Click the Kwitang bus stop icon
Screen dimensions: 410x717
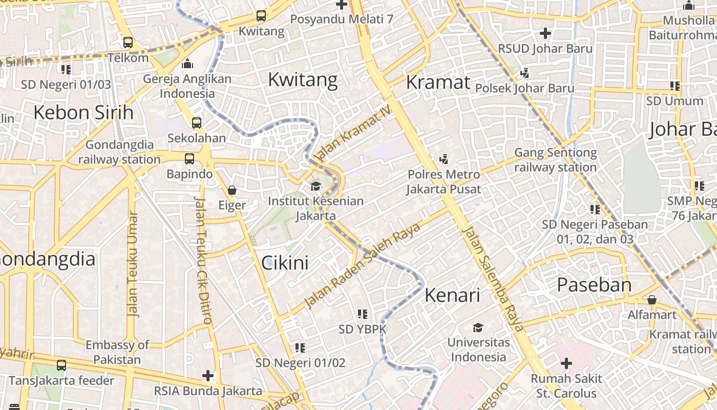pyautogui.click(x=261, y=16)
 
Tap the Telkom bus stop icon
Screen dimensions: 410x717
pyautogui.click(x=128, y=43)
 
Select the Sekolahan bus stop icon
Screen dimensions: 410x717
pyautogui.click(x=197, y=123)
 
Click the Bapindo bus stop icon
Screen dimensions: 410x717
pyautogui.click(x=189, y=159)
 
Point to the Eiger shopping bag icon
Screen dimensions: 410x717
pyautogui.click(x=232, y=191)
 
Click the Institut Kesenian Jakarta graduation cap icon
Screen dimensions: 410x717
pyautogui.click(x=315, y=186)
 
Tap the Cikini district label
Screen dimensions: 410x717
pyautogui.click(x=285, y=263)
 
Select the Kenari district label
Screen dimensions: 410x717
pyautogui.click(x=452, y=295)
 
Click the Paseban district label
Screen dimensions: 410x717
pyautogui.click(x=594, y=285)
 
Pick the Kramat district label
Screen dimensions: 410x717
pyautogui.click(x=438, y=82)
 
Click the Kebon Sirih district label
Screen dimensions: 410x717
pyautogui.click(x=83, y=112)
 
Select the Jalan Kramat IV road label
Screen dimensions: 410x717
pyautogui.click(x=353, y=133)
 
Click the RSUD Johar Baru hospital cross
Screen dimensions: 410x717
pyautogui.click(x=545, y=34)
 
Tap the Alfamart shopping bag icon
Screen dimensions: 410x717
pyautogui.click(x=652, y=300)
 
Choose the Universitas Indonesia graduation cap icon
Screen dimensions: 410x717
pyautogui.click(x=478, y=327)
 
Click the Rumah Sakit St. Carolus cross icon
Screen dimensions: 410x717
pyautogui.click(x=566, y=364)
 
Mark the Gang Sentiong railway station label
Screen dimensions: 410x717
pyautogui.click(x=556, y=160)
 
